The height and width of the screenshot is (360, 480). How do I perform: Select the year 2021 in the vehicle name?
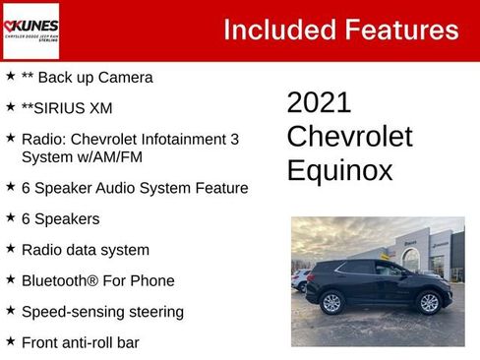pos(319,102)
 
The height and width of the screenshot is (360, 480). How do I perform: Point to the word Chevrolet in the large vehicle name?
pos(349,136)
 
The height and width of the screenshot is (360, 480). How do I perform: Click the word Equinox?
pos(339,170)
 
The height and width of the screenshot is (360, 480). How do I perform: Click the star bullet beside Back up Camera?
pos(10,76)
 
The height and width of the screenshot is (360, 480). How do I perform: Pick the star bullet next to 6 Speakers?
pos(10,217)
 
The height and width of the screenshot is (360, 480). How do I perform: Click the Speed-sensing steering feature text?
pos(102,312)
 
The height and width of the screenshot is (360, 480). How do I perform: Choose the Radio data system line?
pos(85,250)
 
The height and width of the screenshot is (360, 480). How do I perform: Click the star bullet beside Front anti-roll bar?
pos(10,341)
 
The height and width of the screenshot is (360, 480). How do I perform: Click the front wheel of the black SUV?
pos(429,303)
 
